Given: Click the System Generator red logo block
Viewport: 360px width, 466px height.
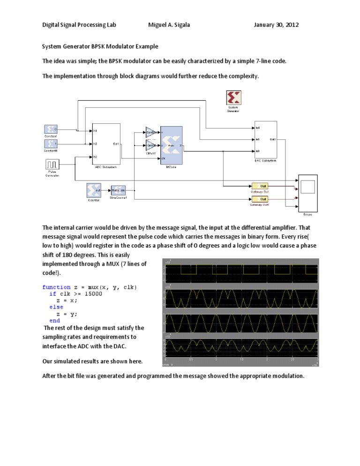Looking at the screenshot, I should click(233, 98).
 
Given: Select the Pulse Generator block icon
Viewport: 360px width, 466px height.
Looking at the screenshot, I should click(52, 165).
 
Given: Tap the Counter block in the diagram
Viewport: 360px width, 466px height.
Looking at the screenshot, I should click(94, 190).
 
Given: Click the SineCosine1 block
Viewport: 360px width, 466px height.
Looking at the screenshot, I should click(118, 190).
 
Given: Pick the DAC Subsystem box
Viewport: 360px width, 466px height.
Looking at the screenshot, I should click(265, 139).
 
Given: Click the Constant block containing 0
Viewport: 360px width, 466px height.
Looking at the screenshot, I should click(50, 129).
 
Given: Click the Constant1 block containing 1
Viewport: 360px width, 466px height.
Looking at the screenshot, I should click(50, 143).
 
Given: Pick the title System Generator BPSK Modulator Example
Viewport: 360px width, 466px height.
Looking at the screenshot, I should click(100, 46).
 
